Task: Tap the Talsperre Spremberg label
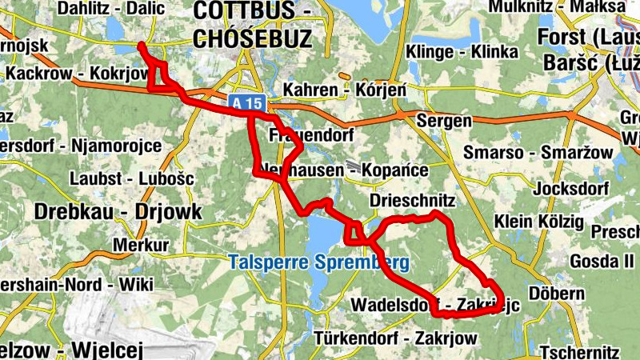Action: pyautogui.click(x=318, y=262)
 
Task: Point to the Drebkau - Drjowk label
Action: pyautogui.click(x=118, y=212)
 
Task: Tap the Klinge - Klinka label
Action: pyautogui.click(x=462, y=53)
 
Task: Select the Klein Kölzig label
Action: pyautogui.click(x=538, y=220)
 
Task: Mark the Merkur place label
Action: pyautogui.click(x=142, y=244)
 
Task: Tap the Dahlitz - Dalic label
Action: pyautogui.click(x=110, y=9)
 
